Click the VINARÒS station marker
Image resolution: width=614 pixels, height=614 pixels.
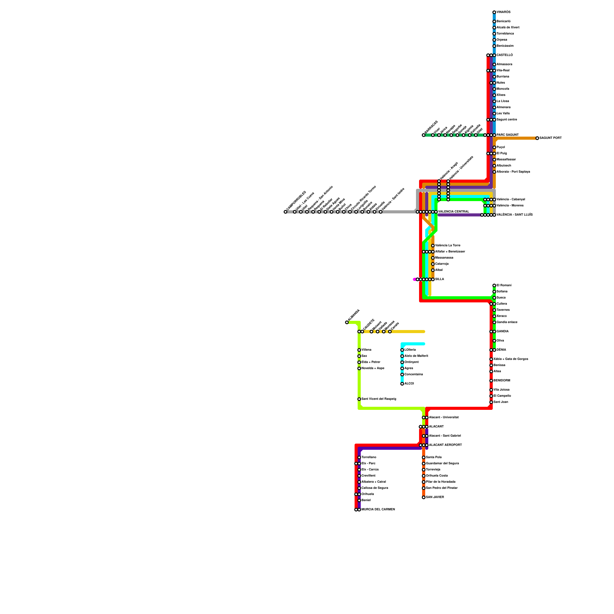coord(494,12)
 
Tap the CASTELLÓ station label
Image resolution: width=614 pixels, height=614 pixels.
coord(505,55)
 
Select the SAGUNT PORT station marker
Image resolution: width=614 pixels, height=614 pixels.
coord(537,138)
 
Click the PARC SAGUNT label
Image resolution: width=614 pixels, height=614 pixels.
coord(507,135)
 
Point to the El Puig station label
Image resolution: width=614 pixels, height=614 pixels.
coord(502,153)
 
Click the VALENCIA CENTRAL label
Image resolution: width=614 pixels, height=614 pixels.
coord(454,212)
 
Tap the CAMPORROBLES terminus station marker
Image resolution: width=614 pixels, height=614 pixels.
coord(286,212)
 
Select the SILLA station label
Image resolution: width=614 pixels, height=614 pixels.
coord(439,279)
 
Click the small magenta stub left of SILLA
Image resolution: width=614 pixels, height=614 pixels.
coord(414,279)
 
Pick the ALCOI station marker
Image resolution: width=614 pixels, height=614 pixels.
coord(402,384)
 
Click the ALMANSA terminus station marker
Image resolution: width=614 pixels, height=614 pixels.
coord(347,322)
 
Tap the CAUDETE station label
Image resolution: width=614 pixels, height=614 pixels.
coord(369,325)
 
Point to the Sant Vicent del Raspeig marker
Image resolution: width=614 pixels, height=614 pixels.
coord(359,399)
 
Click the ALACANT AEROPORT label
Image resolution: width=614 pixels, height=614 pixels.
coord(445,445)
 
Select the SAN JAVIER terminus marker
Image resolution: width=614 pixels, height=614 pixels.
coord(424,497)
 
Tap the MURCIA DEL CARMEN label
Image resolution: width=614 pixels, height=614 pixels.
coord(378,510)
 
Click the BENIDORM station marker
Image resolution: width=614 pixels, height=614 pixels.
coord(491,381)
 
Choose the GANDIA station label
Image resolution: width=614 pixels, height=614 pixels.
coord(502,332)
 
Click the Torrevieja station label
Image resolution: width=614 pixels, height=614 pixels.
coord(433,470)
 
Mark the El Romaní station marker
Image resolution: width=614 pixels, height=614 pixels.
coord(494,286)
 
